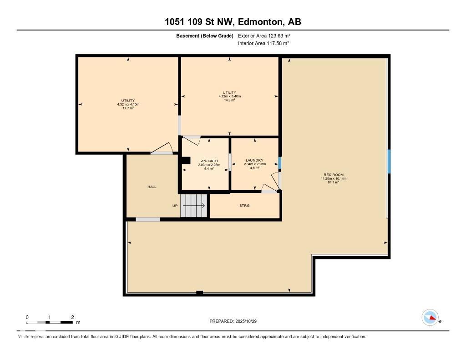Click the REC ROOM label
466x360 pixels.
pyautogui.click(x=333, y=175)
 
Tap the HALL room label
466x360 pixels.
pyautogui.click(x=152, y=187)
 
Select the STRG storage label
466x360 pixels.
pyautogui.click(x=244, y=206)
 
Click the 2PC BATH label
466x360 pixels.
pyautogui.click(x=209, y=161)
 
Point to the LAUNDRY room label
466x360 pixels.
pyautogui.click(x=254, y=160)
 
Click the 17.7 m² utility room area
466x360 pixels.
pyautogui.click(x=128, y=108)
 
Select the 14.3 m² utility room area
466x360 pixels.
pyautogui.click(x=229, y=100)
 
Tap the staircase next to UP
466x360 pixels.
pyautogui.click(x=194, y=206)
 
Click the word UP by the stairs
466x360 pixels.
pyautogui.click(x=175, y=206)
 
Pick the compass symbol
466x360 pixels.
pyautogui.click(x=430, y=317)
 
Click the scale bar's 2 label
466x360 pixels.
pyautogui.click(x=72, y=317)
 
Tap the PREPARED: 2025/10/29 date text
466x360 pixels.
pyautogui.click(x=236, y=321)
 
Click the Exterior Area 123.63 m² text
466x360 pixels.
pyautogui.click(x=264, y=35)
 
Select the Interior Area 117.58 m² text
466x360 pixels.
pyautogui.click(x=263, y=44)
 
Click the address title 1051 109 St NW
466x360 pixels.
pyautogui.click(x=233, y=22)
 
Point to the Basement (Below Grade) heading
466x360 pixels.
pyautogui.click(x=205, y=35)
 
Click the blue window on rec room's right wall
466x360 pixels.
pyautogui.click(x=389, y=162)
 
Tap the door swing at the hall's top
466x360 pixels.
pyautogui.click(x=162, y=148)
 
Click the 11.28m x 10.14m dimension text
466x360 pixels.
pyautogui.click(x=333, y=179)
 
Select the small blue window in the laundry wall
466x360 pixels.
pyautogui.click(x=280, y=162)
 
